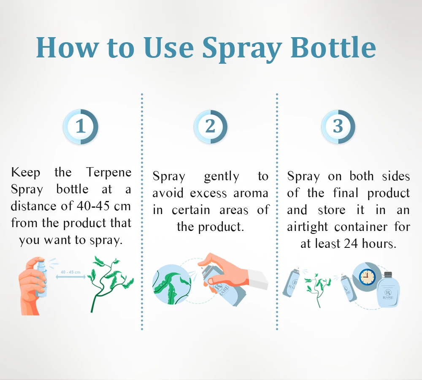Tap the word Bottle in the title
pos(333,47)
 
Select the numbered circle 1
pos(81,127)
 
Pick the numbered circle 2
pos(211,127)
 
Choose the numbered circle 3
pos(338,127)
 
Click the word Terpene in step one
pos(109,172)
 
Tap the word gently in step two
pos(222,177)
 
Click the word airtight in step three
pos(307,227)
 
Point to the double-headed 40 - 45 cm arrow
pos(70,277)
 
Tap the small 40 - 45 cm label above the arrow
pos(70,272)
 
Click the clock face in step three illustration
pos(367,277)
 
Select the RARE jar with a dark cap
pos(388,290)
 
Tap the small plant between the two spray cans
pos(318,290)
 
